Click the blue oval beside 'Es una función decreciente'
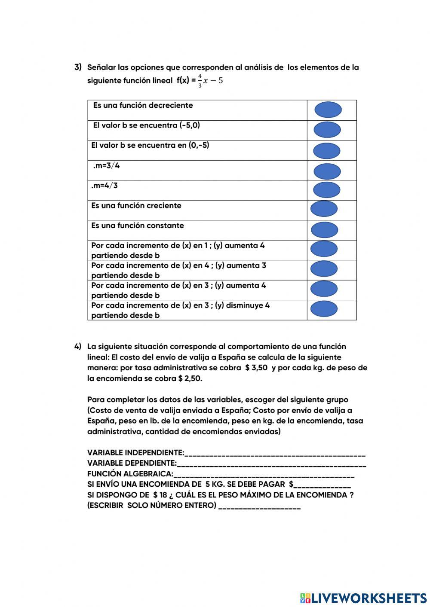328,110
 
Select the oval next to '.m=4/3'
327,190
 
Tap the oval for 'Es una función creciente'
324,209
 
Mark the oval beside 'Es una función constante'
324,230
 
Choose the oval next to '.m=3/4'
327,171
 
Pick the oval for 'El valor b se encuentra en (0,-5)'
326,151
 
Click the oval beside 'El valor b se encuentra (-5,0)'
327,130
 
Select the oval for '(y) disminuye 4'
324,309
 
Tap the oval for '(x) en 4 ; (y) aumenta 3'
324,269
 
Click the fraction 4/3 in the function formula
200,81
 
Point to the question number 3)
78,67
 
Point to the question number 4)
78,346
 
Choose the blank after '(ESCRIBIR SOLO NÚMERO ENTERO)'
259,507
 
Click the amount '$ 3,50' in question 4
256,368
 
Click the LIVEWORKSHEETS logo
363,598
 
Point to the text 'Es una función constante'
137,226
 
